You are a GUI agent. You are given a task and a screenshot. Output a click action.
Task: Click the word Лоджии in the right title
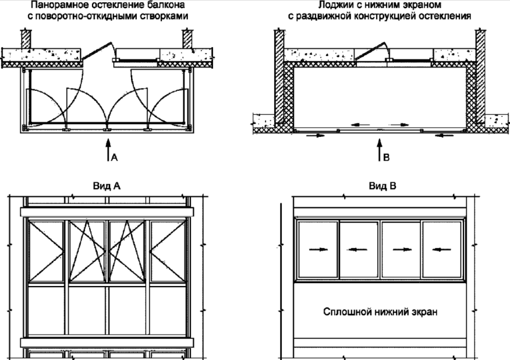(x=333, y=5)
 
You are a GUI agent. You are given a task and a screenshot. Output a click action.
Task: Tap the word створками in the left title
(x=163, y=16)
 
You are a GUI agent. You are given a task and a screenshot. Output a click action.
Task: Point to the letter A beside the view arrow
(x=114, y=158)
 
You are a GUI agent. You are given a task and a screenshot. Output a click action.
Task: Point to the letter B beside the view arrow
(x=386, y=158)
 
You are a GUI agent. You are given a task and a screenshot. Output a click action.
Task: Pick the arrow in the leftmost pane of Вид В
(x=317, y=249)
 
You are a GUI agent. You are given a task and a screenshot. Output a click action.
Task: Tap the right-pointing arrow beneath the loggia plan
(x=315, y=135)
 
